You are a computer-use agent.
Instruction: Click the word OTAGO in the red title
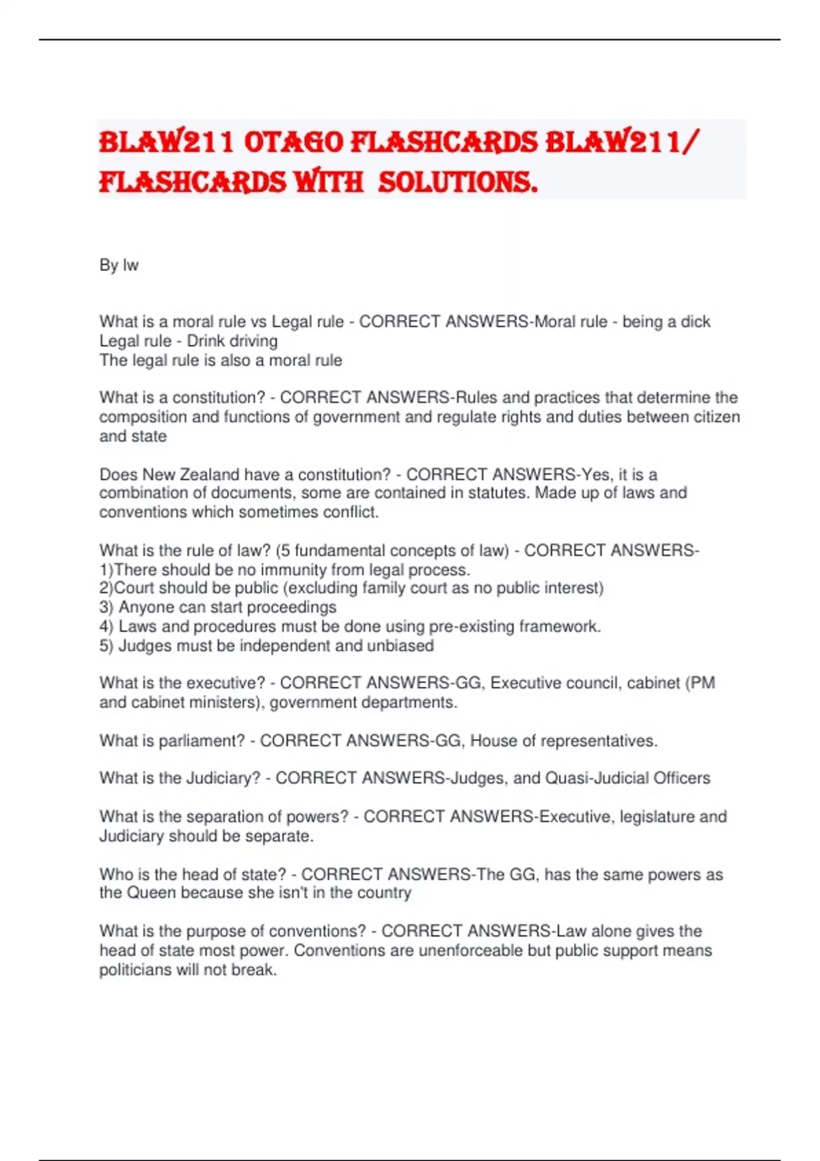coord(293,143)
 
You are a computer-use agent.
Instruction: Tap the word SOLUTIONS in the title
coord(457,182)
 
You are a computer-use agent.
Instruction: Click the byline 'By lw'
coord(119,265)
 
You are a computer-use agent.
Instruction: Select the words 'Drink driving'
coord(232,341)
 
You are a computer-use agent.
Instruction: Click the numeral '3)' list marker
coord(106,607)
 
